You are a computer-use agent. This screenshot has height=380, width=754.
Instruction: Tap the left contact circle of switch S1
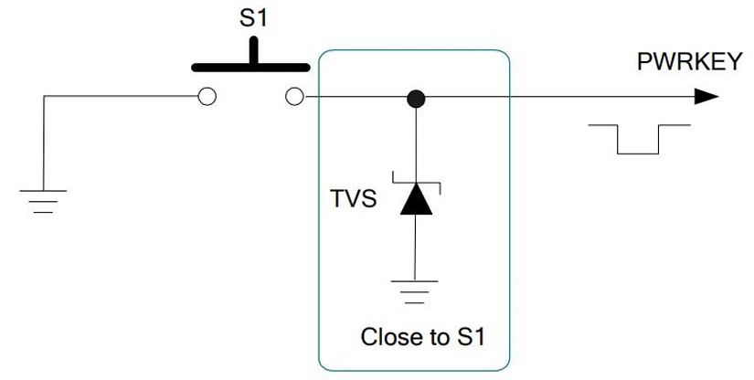coord(207,97)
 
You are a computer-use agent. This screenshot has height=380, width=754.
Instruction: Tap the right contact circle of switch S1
coord(294,97)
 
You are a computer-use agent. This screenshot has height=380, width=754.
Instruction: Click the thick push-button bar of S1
coord(250,67)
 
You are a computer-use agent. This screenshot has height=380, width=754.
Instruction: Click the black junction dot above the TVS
coord(416,98)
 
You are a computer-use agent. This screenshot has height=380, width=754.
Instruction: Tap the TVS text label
coord(353,198)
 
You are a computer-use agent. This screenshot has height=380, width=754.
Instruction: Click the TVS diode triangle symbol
coord(416,199)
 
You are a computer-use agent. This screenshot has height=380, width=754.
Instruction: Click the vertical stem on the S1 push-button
coord(254,51)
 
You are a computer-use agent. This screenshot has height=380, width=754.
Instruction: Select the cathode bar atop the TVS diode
coord(416,182)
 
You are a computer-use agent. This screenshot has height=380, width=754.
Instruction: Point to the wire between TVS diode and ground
coord(416,247)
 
